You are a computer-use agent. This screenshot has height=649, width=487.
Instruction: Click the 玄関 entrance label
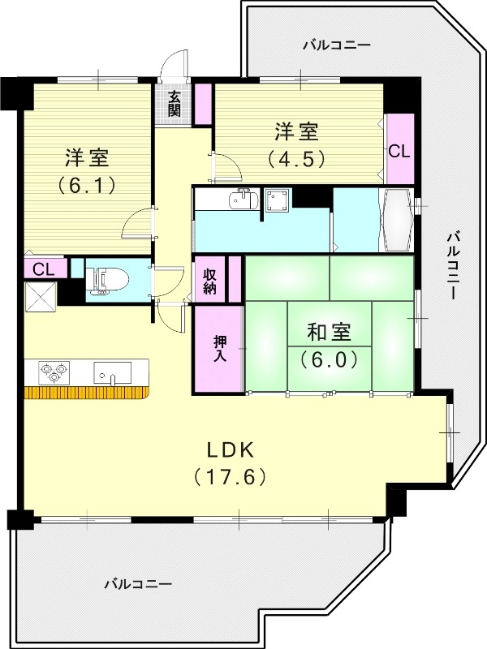pos(175,104)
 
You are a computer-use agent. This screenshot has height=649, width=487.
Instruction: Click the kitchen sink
pos(111,373)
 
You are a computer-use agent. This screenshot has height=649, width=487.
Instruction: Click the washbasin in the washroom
pos(243,199)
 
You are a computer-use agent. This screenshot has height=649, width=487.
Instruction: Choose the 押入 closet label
pos(219,347)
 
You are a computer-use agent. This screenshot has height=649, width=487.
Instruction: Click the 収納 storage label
pos(209,279)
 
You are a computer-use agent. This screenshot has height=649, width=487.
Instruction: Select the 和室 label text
pos(329,332)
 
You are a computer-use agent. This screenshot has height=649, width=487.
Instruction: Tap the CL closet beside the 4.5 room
pos(399,150)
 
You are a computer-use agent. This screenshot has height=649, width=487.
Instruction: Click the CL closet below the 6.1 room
pos(44,269)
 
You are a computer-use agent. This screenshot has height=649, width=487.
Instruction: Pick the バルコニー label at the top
pos(336,45)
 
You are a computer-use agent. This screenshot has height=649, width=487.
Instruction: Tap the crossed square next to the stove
pos(40,297)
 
